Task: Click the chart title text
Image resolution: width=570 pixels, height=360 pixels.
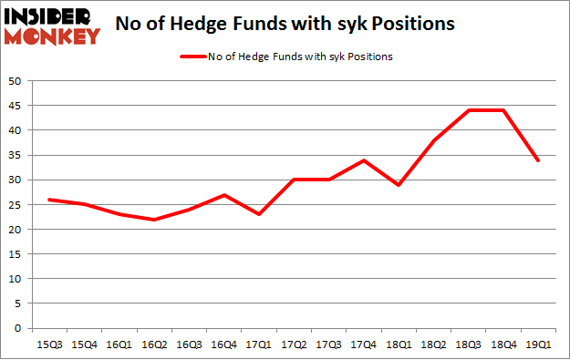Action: (285, 25)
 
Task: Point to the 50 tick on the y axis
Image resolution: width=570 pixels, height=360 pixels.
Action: (17, 81)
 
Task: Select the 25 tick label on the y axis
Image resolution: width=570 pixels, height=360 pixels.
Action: (17, 204)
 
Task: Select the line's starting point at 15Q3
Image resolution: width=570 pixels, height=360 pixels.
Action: (49, 200)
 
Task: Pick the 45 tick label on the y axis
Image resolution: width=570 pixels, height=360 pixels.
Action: (17, 106)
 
